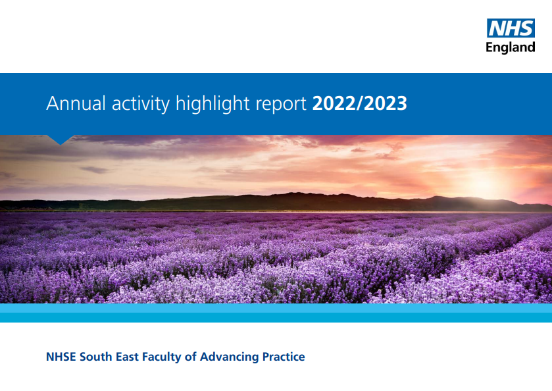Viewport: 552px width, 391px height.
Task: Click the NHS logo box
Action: pos(511,28)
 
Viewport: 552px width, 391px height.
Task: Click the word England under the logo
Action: pos(511,47)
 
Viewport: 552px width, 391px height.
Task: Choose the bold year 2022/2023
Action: pos(359,104)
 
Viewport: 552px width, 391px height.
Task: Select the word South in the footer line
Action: pos(99,357)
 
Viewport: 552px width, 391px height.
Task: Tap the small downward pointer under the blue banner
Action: pos(61,140)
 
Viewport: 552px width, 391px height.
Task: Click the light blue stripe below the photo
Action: pos(276,308)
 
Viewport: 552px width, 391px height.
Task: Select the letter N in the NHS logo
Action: pos(497,28)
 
